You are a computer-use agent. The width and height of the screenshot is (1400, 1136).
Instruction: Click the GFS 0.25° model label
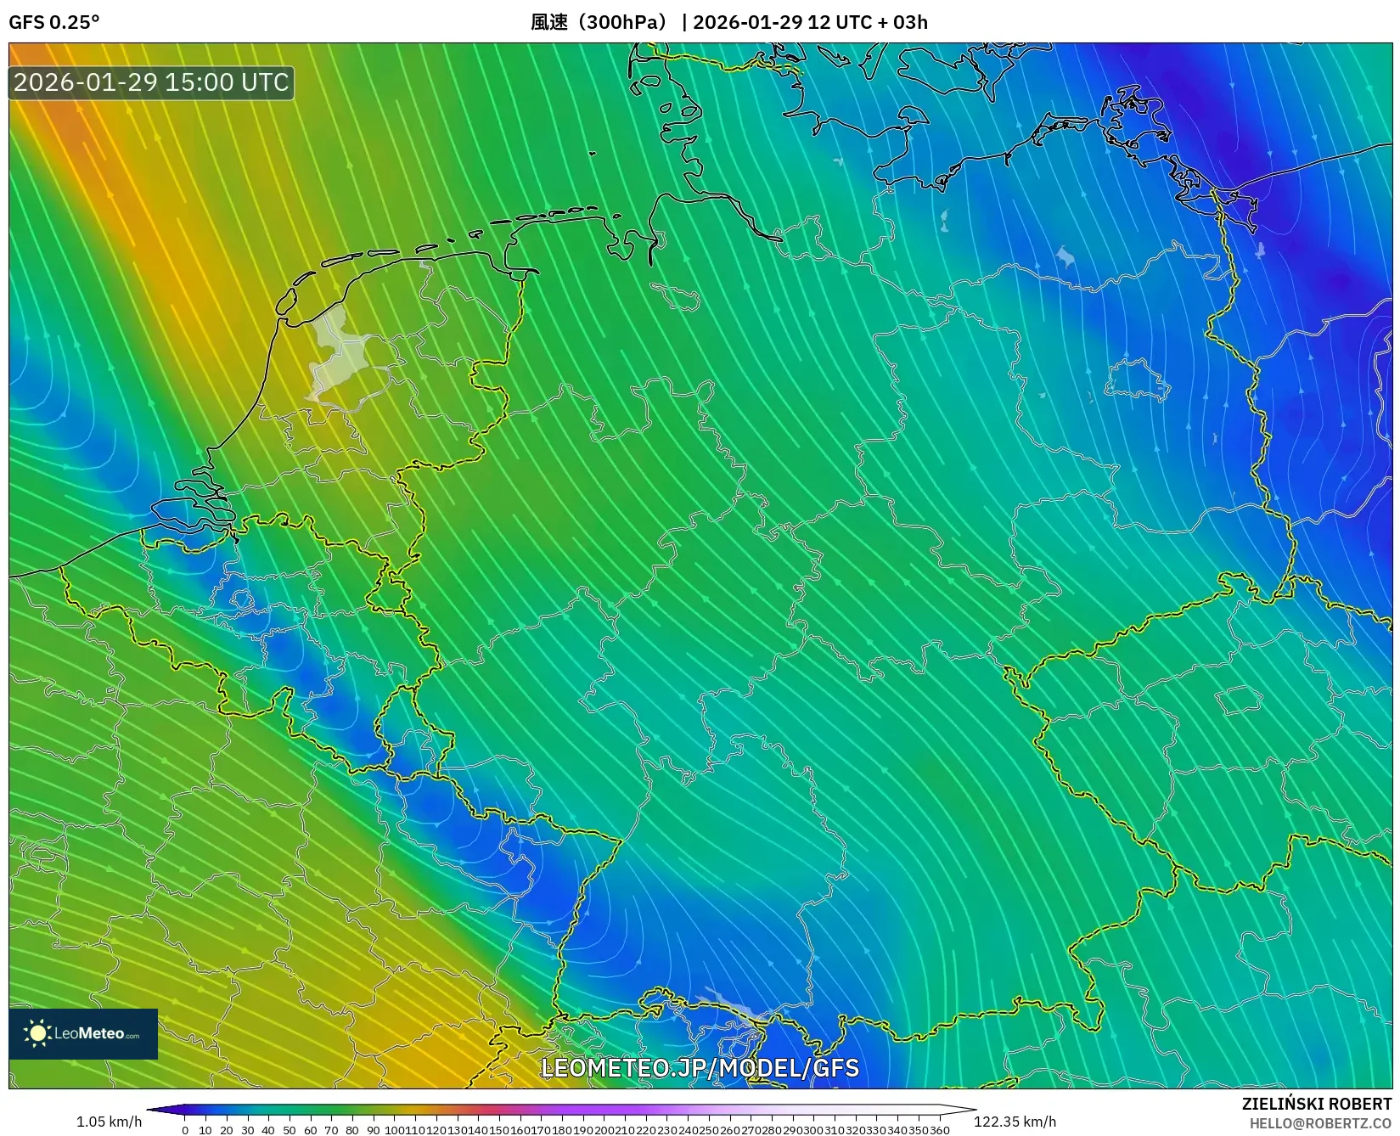53,22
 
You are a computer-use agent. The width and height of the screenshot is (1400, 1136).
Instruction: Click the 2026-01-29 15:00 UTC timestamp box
151,82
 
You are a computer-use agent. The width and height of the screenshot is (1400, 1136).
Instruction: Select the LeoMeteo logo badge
83,1033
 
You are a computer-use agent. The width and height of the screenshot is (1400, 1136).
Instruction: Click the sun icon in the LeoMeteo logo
37,1033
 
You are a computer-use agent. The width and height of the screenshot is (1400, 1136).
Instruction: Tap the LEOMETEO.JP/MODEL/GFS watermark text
700,1067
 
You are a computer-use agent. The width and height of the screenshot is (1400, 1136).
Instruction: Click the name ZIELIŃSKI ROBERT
1317,1104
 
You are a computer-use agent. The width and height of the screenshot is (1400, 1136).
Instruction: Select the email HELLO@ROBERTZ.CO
1320,1123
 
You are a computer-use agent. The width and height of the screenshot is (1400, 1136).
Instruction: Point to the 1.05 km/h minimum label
109,1122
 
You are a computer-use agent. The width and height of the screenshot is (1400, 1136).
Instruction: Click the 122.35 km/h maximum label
1015,1122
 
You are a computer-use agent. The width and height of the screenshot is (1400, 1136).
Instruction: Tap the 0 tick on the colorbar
185,1130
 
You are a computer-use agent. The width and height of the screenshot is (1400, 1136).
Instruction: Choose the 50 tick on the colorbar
290,1130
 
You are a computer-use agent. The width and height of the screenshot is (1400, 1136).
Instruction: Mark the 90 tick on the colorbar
373,1130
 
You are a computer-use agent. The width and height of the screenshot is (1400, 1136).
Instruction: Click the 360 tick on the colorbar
939,1130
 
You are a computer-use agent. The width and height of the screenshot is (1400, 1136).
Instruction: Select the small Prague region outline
1239,701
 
